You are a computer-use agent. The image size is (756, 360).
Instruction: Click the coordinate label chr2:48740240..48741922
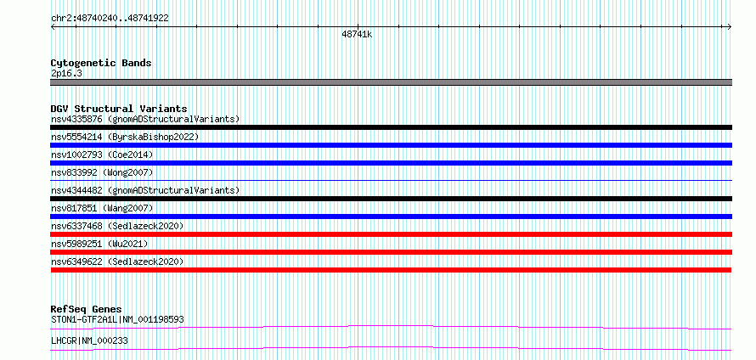tap(110, 19)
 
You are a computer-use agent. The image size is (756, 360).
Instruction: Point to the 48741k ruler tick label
tap(357, 35)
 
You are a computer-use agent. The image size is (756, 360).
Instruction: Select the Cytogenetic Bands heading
tap(101, 63)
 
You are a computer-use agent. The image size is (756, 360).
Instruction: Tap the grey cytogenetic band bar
tap(391, 82)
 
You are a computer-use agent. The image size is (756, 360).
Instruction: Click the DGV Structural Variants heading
tap(119, 109)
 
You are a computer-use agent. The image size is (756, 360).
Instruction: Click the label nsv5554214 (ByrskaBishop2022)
tap(125, 137)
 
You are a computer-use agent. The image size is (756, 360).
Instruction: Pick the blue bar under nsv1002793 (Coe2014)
tap(391, 163)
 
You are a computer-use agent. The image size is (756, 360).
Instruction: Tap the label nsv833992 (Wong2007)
tap(102, 172)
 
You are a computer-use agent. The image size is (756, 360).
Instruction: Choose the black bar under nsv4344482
tap(391, 199)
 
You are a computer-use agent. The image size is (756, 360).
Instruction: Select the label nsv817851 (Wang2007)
tap(102, 208)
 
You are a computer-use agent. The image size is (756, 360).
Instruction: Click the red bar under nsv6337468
tap(391, 234)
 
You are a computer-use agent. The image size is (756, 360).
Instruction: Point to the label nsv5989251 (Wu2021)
tap(99, 244)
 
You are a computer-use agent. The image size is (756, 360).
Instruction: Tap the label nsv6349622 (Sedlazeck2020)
tap(117, 262)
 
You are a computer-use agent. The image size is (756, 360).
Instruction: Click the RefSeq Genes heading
tap(86, 309)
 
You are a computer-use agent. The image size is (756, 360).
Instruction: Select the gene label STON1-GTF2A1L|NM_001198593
tap(117, 319)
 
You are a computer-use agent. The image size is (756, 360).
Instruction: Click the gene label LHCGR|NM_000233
tap(89, 340)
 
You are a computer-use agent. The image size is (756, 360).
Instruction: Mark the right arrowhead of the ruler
tap(730, 26)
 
